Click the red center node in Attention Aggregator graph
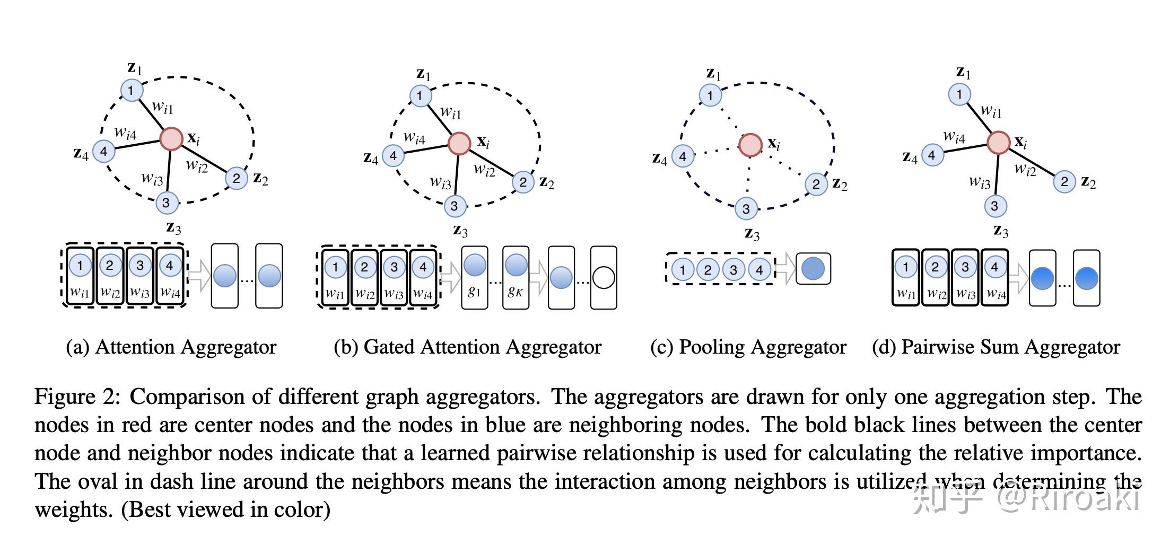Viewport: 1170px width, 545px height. tap(171, 139)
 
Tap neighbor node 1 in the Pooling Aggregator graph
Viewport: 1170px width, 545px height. tap(710, 96)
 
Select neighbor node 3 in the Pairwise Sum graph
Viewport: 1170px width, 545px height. tap(994, 206)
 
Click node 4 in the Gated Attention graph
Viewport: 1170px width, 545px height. tap(393, 156)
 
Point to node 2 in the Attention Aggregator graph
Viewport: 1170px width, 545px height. tap(237, 179)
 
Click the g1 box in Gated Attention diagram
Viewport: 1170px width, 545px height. tap(475, 277)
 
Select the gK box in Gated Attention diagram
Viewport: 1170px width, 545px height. tap(516, 277)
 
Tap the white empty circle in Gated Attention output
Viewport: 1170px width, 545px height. tap(604, 277)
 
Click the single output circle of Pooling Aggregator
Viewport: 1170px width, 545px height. tap(813, 269)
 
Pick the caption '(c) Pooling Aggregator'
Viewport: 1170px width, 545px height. tap(748, 347)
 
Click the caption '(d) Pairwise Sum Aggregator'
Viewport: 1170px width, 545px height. tap(996, 347)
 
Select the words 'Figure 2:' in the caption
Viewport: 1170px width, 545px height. tap(78, 397)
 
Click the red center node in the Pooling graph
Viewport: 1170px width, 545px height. tap(750, 145)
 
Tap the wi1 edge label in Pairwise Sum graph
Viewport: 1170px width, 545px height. tap(991, 111)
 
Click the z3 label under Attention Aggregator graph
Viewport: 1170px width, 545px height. tap(173, 228)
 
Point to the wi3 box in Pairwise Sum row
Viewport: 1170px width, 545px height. tap(965, 278)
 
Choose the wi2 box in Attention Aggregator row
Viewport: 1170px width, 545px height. tap(110, 276)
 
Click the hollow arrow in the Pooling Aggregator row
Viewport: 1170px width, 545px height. tap(785, 268)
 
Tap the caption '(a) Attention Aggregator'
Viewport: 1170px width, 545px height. tap(171, 347)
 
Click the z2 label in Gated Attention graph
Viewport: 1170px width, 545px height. tap(547, 183)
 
